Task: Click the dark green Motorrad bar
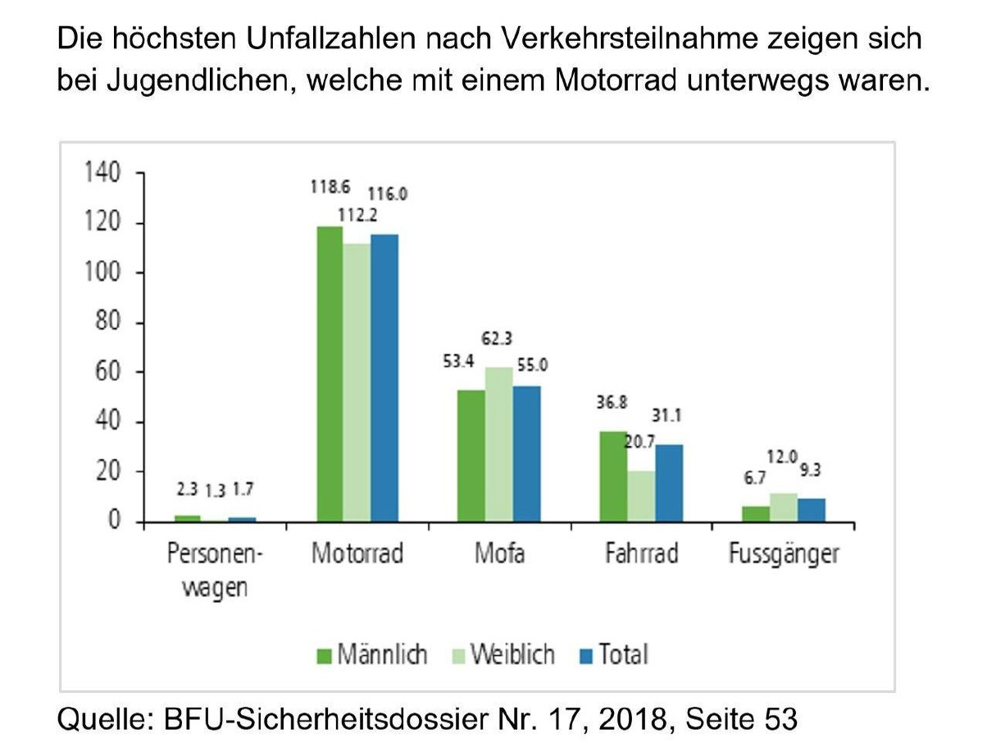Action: [x=330, y=374]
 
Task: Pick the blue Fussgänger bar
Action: [x=812, y=510]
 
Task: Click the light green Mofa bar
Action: [x=498, y=444]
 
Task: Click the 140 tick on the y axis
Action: [x=101, y=173]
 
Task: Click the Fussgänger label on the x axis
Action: [x=784, y=554]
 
